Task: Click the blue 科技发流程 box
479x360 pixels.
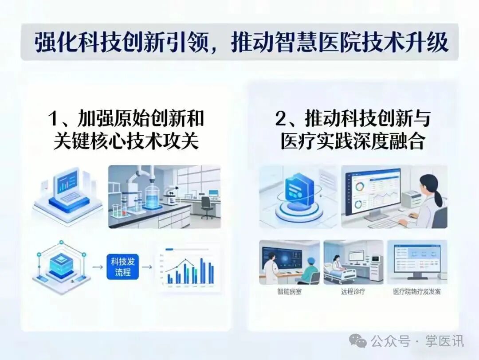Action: click(123, 266)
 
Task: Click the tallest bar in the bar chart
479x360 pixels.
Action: click(202, 270)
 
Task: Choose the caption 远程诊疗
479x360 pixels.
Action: click(353, 292)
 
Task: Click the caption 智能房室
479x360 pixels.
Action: click(289, 292)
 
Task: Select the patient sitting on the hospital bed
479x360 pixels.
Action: click(337, 263)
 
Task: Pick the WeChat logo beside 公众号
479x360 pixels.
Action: click(358, 340)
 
